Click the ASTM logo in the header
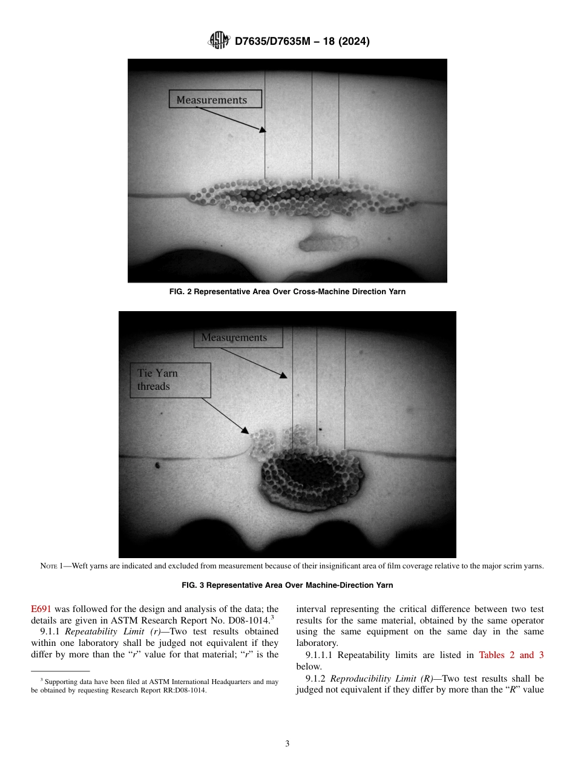218,41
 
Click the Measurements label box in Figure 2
215,99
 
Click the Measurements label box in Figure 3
238,338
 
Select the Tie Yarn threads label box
170,380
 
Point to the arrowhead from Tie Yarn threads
245,431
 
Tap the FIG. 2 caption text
287,292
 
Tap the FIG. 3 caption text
287,585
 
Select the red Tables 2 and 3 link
511,655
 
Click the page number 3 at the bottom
287,744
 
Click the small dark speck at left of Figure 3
157,466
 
